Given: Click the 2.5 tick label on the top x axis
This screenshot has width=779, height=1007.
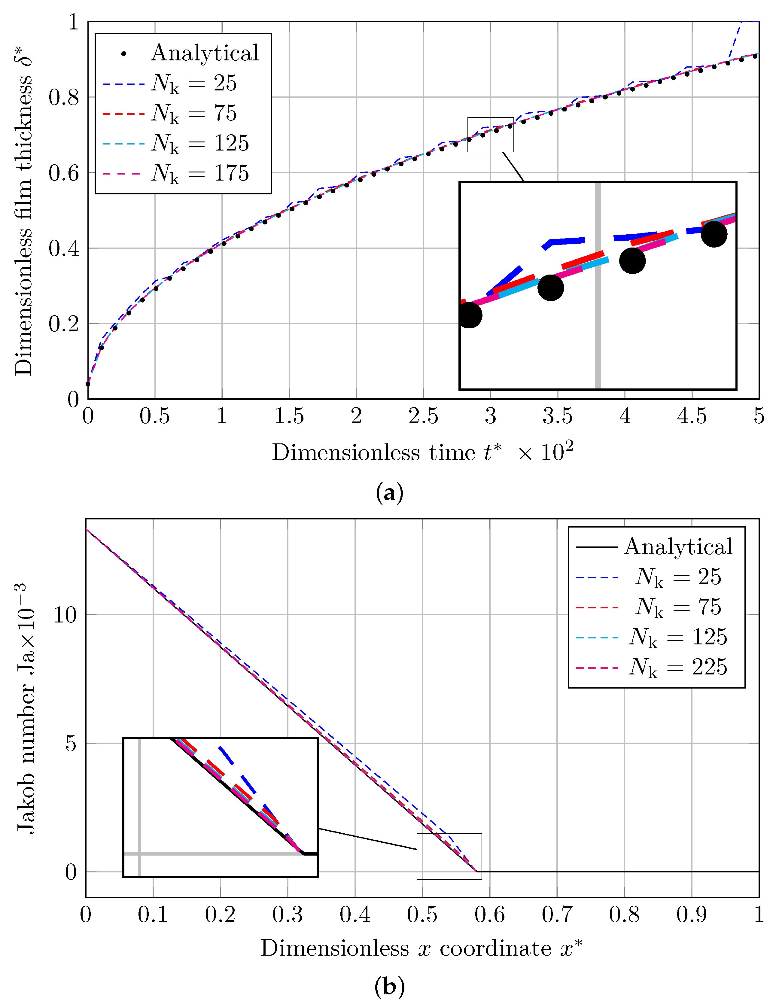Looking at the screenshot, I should point(423,416).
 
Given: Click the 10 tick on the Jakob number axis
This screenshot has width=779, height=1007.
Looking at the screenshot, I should point(65,615).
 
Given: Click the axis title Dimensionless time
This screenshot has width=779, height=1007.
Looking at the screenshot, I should point(422,452).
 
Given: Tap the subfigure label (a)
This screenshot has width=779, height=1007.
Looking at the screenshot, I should point(389,493).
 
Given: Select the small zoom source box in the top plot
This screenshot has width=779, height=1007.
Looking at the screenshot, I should point(490,135).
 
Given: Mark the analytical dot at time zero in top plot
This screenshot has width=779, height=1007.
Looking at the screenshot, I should point(88,384).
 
